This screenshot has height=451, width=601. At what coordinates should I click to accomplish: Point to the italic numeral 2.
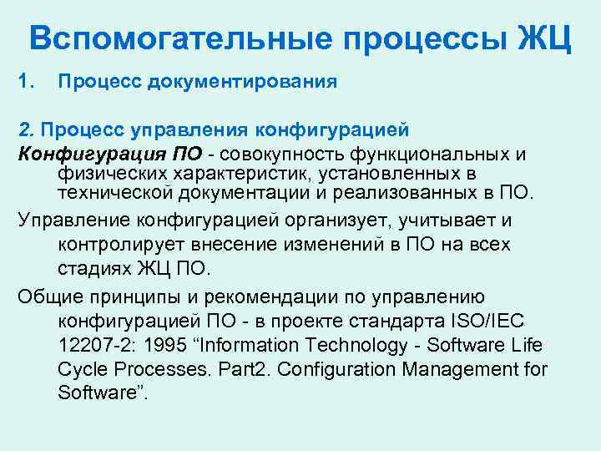coord(26,130)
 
